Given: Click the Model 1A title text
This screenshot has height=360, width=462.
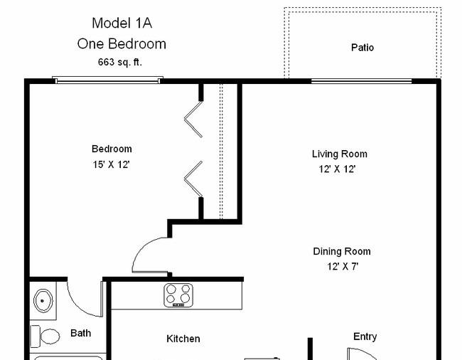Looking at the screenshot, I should pyautogui.click(x=121, y=23).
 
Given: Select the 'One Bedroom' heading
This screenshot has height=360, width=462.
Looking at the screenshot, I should pyautogui.click(x=121, y=43).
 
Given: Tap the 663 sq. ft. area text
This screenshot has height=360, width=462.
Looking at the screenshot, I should pyautogui.click(x=119, y=62).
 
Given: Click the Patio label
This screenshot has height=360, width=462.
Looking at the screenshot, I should pyautogui.click(x=362, y=48).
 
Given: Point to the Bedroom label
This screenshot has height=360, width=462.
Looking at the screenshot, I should pyautogui.click(x=112, y=149).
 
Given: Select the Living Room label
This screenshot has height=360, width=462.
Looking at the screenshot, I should pyautogui.click(x=339, y=154).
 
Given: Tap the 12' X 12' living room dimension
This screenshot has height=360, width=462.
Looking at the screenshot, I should pyautogui.click(x=337, y=169).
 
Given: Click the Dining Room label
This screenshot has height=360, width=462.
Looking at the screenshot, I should pyautogui.click(x=341, y=251).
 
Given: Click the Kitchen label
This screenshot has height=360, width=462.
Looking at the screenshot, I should pyautogui.click(x=183, y=339).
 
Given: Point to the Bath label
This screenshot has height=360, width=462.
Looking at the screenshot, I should pyautogui.click(x=80, y=332).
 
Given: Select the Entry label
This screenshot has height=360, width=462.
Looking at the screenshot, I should pyautogui.click(x=365, y=337).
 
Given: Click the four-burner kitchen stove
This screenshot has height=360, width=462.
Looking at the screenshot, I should pyautogui.click(x=178, y=295).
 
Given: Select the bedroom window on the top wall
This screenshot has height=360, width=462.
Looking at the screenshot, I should pyautogui.click(x=108, y=80).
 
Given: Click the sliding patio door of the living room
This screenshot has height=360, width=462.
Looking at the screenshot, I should pyautogui.click(x=361, y=80).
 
